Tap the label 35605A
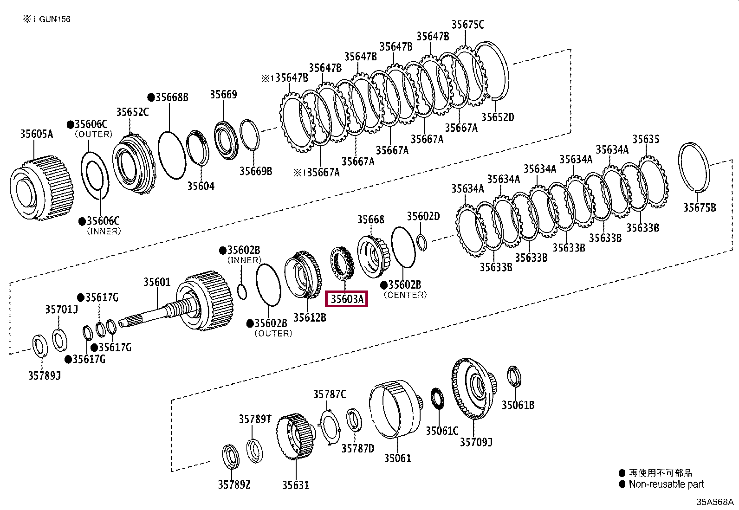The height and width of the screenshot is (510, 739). tap(36, 134)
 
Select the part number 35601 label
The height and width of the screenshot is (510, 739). tap(156, 282)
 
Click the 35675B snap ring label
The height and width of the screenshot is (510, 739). tap(699, 207)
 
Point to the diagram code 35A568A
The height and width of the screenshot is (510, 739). tap(714, 502)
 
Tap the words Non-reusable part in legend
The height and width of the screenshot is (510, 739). tap(666, 484)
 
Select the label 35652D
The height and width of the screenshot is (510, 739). tap(497, 117)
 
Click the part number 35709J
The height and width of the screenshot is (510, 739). tap(476, 442)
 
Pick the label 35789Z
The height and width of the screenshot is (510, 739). tap(234, 484)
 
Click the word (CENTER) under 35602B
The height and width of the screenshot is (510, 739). tap(405, 295)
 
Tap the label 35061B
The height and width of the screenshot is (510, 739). tap(518, 405)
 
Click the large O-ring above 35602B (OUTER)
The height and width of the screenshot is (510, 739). tap(268, 285)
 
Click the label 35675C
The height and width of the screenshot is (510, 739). tap(467, 25)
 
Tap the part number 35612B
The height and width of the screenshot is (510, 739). tap(310, 317)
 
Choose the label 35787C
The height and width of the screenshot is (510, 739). tap(329, 394)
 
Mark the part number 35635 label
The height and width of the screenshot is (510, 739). tap(645, 139)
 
